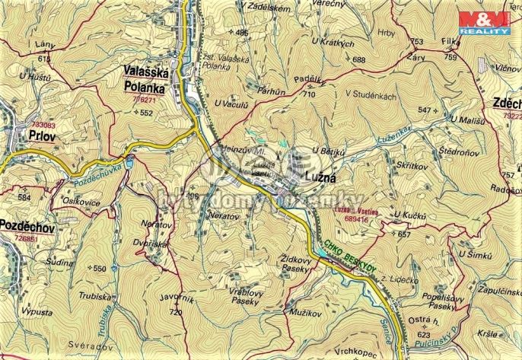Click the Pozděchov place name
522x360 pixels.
[29, 228]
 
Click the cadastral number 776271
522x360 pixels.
[145, 98]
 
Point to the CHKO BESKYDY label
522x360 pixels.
[350, 256]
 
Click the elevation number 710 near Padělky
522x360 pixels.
[308, 95]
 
